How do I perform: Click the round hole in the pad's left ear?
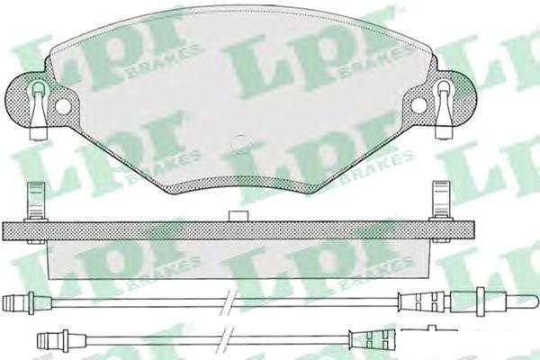(x=62, y=106)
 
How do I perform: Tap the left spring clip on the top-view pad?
(x=39, y=110)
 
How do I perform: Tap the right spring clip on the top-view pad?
(x=445, y=110)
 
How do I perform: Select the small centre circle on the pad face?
(x=240, y=143)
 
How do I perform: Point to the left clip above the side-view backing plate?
(x=36, y=202)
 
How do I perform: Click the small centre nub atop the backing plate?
(x=238, y=216)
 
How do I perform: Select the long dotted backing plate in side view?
(x=238, y=230)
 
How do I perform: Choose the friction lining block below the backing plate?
(x=238, y=259)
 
